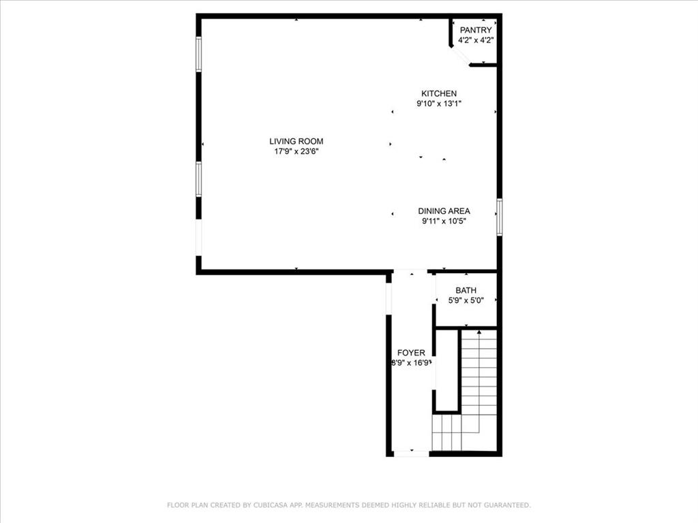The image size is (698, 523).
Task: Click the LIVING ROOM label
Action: (296, 142)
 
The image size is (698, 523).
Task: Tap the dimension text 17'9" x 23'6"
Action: (296, 152)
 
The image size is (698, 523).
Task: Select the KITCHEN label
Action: (439, 94)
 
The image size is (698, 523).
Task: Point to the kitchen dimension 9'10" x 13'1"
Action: (439, 104)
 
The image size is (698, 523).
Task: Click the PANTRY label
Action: (476, 30)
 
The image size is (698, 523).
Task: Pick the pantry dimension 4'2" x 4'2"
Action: (476, 40)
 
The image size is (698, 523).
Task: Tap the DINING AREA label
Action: (444, 211)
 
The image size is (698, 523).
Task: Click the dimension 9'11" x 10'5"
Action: (444, 221)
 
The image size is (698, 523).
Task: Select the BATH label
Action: (466, 291)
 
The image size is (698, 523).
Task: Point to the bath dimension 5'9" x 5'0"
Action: (466, 301)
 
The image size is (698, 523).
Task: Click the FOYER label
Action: (411, 353)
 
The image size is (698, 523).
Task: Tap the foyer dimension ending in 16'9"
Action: (411, 363)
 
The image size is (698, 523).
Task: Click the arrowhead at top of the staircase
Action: (479, 332)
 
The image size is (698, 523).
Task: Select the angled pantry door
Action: (460, 56)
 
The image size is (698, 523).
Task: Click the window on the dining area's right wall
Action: (499, 217)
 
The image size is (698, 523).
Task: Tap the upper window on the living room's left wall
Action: (199, 54)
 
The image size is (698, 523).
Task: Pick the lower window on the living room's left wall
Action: (199, 179)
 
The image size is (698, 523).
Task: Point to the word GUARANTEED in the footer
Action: (504, 505)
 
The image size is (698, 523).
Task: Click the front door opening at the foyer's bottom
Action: (411, 454)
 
